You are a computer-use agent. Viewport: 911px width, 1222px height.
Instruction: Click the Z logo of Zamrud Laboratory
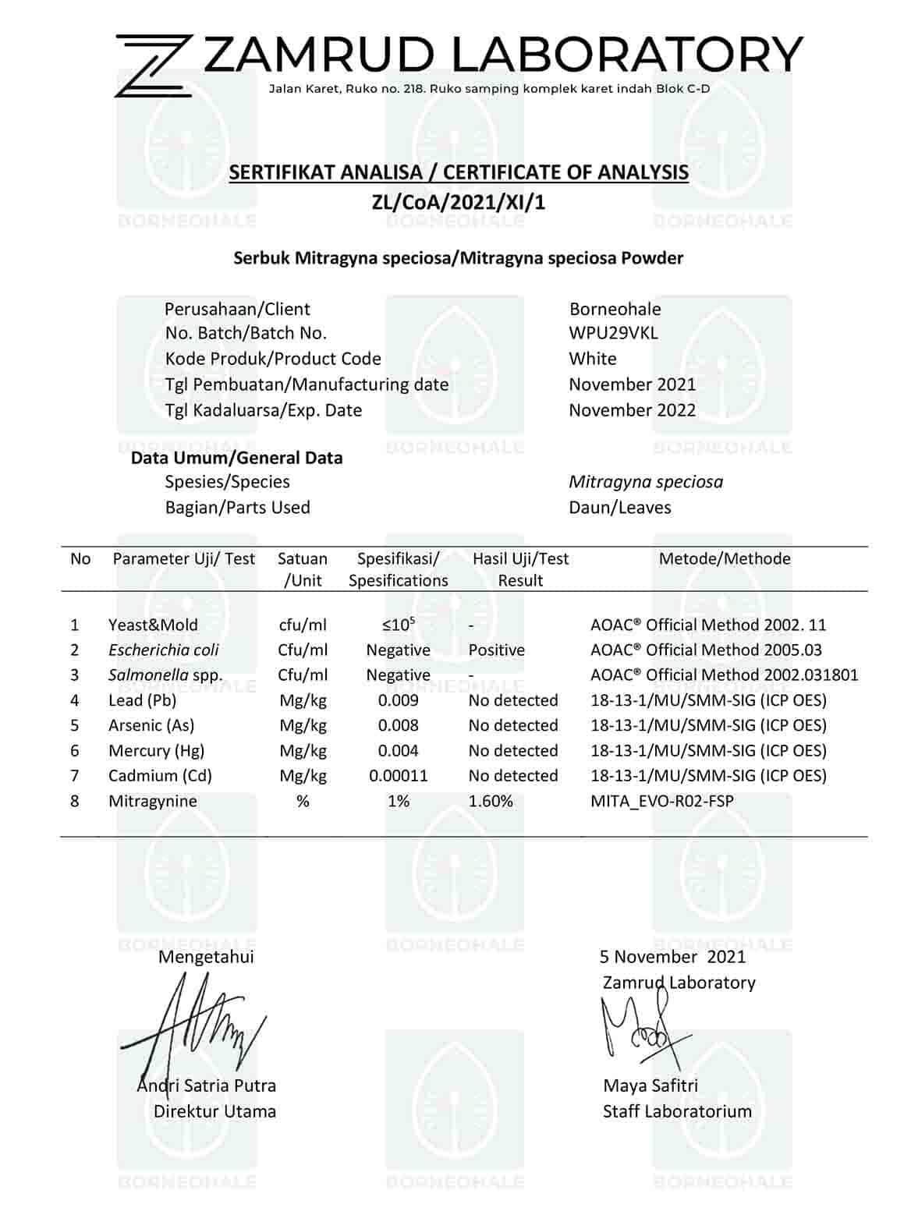(x=153, y=66)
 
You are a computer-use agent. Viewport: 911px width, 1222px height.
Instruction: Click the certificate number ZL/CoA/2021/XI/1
(x=458, y=203)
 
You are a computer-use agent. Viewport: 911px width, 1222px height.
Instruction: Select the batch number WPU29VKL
(x=613, y=333)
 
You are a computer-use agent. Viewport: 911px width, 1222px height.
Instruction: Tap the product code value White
(x=592, y=359)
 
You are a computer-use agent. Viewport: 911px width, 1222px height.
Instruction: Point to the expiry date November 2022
(x=632, y=410)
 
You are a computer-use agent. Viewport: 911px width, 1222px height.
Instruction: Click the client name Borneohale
(x=615, y=309)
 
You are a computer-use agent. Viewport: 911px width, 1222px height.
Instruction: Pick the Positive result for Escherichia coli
(x=496, y=650)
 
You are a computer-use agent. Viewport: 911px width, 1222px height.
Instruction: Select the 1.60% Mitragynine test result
(x=491, y=801)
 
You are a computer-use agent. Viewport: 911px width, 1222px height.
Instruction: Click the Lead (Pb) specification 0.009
(x=398, y=700)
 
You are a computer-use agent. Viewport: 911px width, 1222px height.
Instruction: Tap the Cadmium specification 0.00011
(x=398, y=776)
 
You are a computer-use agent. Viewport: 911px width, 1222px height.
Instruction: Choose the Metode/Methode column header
(x=725, y=558)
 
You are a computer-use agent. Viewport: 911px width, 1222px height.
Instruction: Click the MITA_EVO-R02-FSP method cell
(x=661, y=801)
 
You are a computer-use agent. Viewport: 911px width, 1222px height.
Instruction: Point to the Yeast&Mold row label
(x=153, y=625)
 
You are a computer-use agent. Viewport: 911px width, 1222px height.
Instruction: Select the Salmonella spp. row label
(x=165, y=675)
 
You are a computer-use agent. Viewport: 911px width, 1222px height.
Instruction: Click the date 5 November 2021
(x=672, y=957)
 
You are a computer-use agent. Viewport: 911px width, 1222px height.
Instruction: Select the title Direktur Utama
(x=214, y=1111)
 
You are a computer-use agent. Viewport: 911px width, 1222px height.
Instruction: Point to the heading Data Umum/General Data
(x=236, y=458)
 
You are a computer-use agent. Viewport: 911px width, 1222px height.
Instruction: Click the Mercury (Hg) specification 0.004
(x=398, y=751)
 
